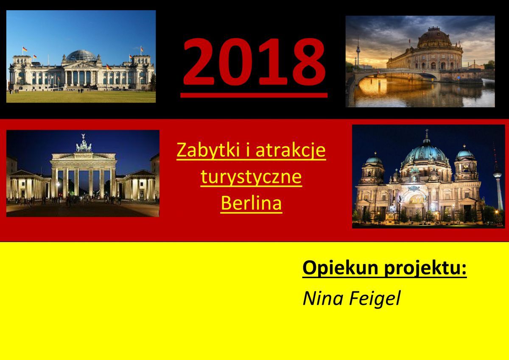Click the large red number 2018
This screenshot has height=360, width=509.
coord(254,62)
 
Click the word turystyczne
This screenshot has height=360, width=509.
coord(251,177)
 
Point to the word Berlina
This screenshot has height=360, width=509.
coord(251,203)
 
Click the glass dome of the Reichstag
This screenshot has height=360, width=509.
coord(81,56)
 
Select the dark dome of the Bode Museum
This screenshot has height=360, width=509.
coord(434,37)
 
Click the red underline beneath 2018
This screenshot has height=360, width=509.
coord(254,95)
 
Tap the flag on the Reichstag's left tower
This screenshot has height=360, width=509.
coord(25,49)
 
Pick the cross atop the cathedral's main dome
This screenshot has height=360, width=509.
coord(427,131)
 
